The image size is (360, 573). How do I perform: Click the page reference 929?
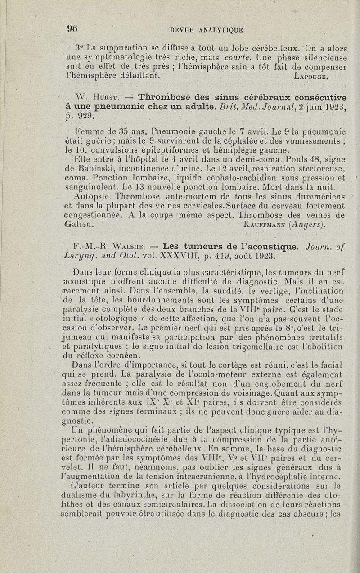83,117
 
